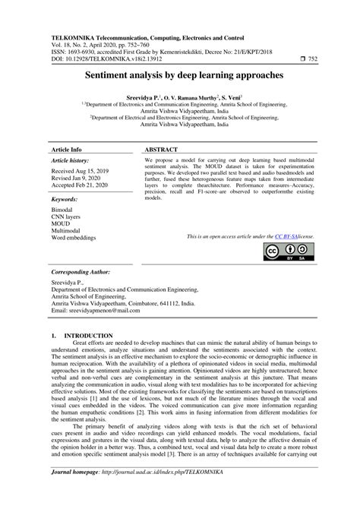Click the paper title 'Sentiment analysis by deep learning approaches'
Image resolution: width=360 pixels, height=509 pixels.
pos(180,76)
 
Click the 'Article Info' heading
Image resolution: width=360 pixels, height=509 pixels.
pos(67,150)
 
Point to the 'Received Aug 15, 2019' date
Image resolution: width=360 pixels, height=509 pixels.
pos(80,172)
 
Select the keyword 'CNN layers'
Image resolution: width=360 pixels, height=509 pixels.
pos(68,216)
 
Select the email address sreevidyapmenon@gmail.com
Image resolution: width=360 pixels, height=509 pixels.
pos(96,311)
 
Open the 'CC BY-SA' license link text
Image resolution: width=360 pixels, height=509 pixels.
pos(285,237)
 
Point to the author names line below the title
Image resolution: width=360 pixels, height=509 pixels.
pos(180,99)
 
